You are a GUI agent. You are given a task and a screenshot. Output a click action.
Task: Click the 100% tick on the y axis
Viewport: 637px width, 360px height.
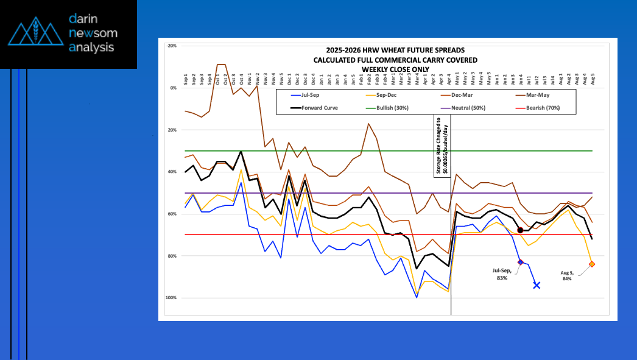(x=171, y=298)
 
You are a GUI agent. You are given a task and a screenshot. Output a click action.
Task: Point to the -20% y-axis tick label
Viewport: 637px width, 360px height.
(x=172, y=46)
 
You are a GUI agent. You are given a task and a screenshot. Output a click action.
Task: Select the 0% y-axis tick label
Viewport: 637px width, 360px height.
(x=174, y=88)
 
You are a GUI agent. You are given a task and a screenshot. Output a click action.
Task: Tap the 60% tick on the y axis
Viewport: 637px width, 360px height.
(x=172, y=214)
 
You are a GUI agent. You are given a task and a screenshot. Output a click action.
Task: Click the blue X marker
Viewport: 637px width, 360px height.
(x=537, y=285)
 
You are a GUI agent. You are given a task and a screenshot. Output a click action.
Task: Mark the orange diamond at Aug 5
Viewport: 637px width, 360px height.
(x=592, y=264)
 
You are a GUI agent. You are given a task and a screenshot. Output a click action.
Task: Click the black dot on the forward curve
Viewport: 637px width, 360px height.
(x=520, y=230)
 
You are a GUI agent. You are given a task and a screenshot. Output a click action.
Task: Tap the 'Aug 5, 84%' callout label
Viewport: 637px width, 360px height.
(x=567, y=275)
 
